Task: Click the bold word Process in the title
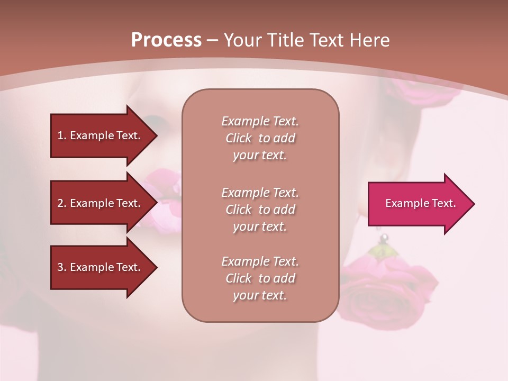point(166,40)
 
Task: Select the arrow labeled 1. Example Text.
point(101,135)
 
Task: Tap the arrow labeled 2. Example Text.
point(101,203)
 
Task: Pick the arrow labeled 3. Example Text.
point(101,267)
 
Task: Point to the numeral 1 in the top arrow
point(60,135)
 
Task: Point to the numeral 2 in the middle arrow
point(60,203)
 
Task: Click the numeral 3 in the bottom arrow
point(60,267)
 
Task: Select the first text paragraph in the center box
point(260,138)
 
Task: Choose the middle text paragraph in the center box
point(260,210)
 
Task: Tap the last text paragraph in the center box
point(260,278)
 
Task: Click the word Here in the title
point(371,40)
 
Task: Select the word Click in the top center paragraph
point(239,138)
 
